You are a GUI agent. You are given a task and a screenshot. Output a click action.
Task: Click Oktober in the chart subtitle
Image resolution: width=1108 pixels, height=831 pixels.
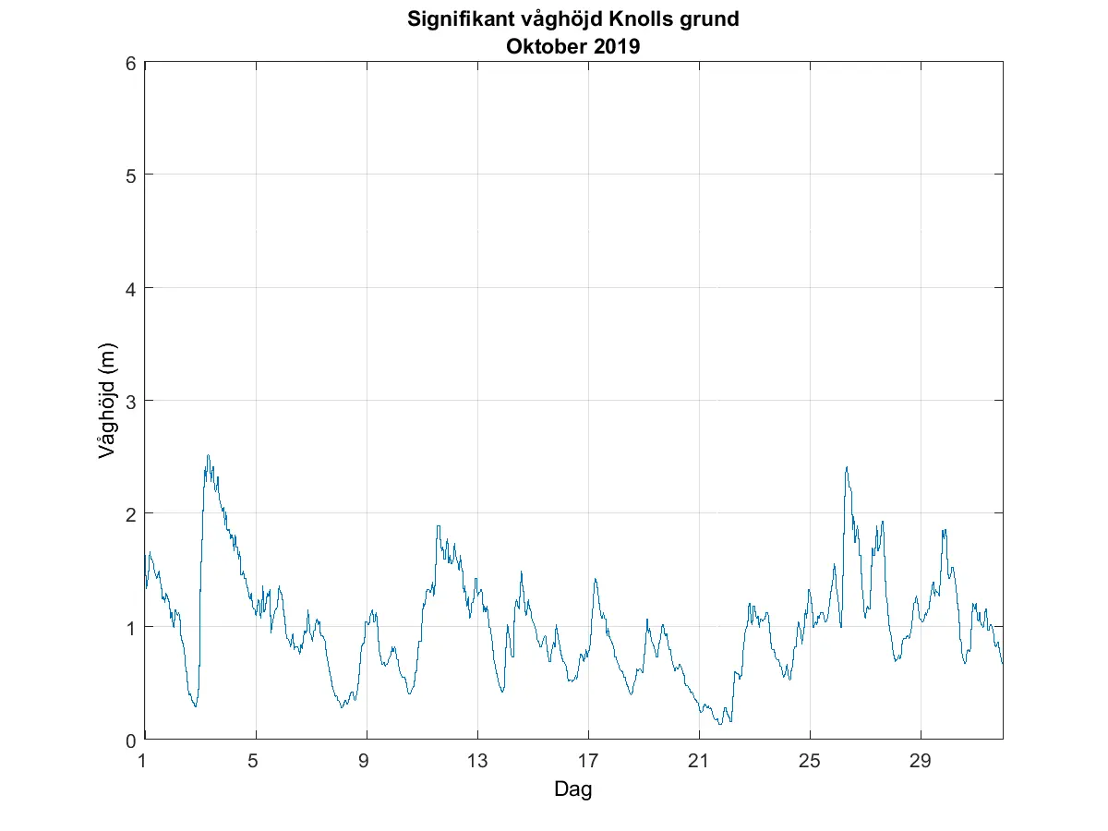pyautogui.click(x=546, y=46)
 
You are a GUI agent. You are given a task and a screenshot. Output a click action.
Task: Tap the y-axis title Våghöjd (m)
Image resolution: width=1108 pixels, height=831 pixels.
pyautogui.click(x=108, y=402)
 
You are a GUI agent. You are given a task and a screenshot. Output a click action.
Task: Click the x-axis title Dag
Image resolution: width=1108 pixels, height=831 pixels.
pyautogui.click(x=572, y=789)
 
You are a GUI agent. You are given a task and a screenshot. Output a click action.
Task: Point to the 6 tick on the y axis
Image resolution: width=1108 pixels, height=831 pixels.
pyautogui.click(x=131, y=63)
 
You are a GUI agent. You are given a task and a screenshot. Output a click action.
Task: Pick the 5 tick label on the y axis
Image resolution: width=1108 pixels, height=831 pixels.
pyautogui.click(x=131, y=175)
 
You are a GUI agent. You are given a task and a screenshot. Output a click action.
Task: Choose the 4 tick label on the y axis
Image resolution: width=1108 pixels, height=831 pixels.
pyautogui.click(x=131, y=288)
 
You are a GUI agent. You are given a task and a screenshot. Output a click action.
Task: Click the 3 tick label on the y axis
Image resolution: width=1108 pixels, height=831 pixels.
pyautogui.click(x=131, y=401)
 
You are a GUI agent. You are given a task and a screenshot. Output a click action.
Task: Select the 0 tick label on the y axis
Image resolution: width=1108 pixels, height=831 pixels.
pyautogui.click(x=131, y=739)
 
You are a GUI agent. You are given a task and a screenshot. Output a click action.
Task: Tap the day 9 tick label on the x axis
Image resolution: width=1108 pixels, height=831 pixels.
pyautogui.click(x=367, y=761)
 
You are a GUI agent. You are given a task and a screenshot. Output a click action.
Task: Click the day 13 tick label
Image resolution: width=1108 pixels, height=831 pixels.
pyautogui.click(x=477, y=761)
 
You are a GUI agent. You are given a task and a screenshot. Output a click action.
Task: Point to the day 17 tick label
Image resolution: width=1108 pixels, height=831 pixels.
pyautogui.click(x=588, y=761)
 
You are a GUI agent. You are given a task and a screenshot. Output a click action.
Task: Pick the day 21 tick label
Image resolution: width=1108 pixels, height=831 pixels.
pyautogui.click(x=699, y=761)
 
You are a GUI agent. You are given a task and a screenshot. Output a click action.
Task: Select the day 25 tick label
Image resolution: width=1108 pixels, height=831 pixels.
pyautogui.click(x=810, y=761)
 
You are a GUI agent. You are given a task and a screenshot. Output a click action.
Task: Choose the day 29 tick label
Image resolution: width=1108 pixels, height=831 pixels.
pyautogui.click(x=921, y=761)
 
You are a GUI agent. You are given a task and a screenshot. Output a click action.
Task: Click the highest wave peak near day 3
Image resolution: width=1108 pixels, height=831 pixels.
pyautogui.click(x=208, y=455)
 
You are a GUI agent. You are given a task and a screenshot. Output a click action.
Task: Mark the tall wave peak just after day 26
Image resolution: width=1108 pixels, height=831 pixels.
pyautogui.click(x=846, y=467)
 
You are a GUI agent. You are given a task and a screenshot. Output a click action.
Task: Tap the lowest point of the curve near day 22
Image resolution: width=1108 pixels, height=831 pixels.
pyautogui.click(x=719, y=723)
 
